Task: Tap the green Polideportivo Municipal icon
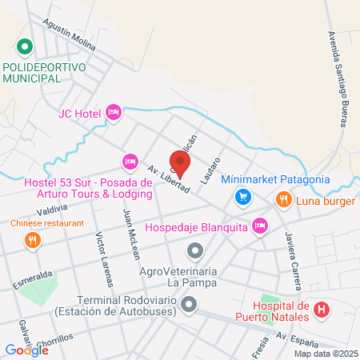24,47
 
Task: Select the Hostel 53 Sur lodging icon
130,162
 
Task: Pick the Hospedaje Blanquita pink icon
258,226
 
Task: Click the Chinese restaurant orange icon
31,239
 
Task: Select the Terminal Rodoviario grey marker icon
189,304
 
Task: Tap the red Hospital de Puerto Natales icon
321,309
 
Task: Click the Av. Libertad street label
168,178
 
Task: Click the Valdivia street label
50,209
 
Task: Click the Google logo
26,350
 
